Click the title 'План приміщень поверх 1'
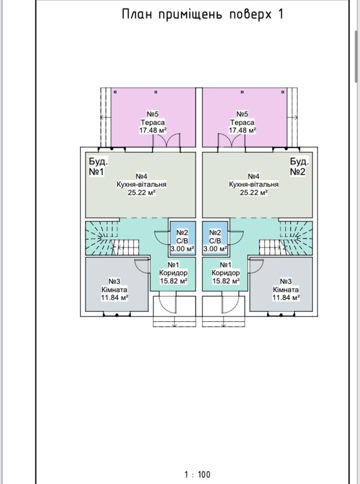pyautogui.click(x=202, y=14)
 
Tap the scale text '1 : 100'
pyautogui.click(x=198, y=474)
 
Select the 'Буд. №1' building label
pyautogui.click(x=98, y=166)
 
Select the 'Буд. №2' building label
pyautogui.click(x=299, y=166)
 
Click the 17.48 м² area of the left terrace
pyautogui.click(x=153, y=130)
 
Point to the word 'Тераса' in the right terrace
pyautogui.click(x=242, y=122)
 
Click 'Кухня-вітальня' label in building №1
pyautogui.click(x=141, y=184)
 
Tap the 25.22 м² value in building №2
pyautogui.click(x=254, y=193)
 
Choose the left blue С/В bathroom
pyautogui.click(x=182, y=238)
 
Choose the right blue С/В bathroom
pyautogui.click(x=215, y=238)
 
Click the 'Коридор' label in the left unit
pyautogui.click(x=173, y=273)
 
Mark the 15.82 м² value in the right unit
pyautogui.click(x=226, y=281)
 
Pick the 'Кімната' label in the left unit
pyautogui.click(x=114, y=290)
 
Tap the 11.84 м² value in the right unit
pyautogui.click(x=286, y=298)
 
